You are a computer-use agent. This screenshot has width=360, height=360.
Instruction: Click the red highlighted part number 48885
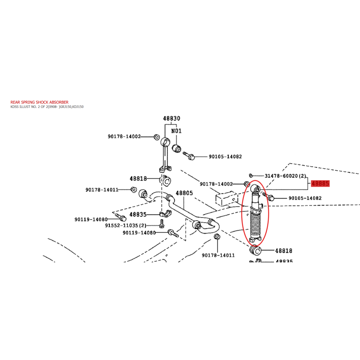click(320, 184)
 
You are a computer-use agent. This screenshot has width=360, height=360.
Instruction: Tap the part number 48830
click(171, 118)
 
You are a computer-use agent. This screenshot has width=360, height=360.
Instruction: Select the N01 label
click(176, 131)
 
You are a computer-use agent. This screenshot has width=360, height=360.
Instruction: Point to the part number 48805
click(184, 193)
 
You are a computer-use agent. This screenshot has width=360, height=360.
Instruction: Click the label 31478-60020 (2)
click(285, 176)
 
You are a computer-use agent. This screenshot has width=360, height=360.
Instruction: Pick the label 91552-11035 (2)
click(126, 225)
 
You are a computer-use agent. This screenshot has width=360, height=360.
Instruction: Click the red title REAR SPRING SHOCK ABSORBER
click(40, 102)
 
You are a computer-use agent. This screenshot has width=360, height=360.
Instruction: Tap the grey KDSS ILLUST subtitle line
click(47, 107)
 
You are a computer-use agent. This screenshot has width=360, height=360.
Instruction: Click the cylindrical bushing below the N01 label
click(176, 149)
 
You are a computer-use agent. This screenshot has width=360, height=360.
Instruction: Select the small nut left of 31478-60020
click(251, 175)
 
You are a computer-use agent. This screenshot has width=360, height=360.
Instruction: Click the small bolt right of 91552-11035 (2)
click(162, 223)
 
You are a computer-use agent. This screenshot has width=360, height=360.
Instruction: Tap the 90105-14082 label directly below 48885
click(305, 198)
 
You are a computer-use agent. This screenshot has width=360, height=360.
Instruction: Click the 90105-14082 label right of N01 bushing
click(225, 157)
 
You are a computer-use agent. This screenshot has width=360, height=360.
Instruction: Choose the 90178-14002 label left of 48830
click(124, 136)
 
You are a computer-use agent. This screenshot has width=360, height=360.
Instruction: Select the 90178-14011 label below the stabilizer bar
click(218, 255)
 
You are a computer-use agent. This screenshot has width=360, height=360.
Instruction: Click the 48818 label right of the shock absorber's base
click(284, 251)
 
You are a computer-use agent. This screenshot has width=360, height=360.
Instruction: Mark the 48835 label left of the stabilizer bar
click(138, 215)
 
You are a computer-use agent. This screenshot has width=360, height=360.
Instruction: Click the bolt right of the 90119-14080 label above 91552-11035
click(121, 217)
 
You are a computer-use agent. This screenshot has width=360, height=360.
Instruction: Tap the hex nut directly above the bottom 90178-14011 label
click(217, 237)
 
